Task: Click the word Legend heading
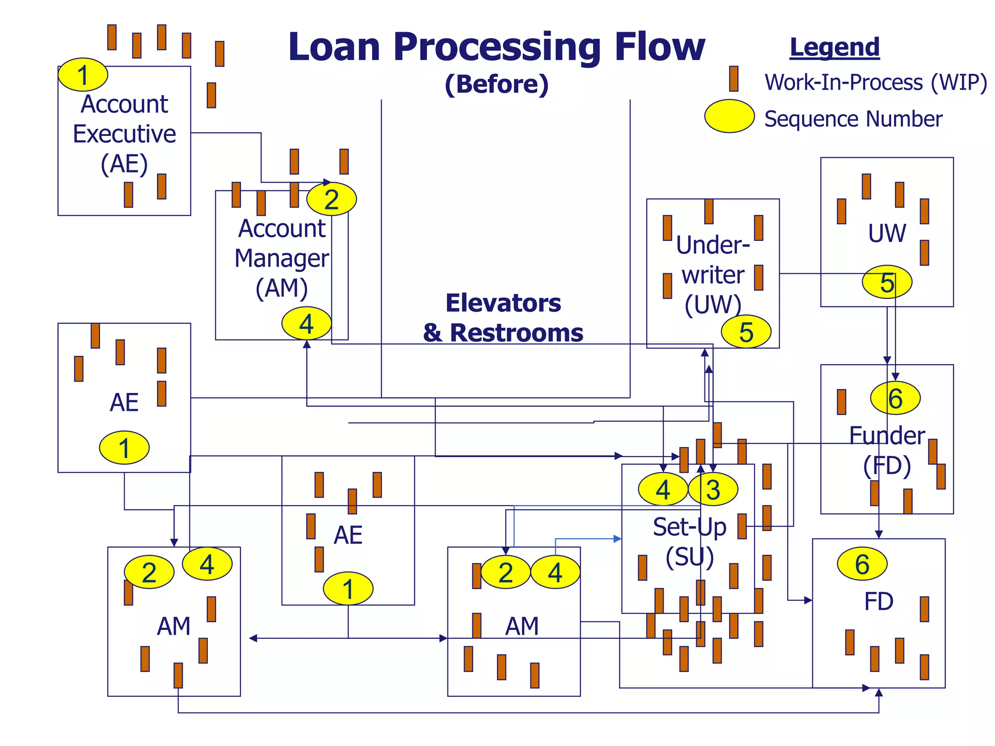[x=834, y=48]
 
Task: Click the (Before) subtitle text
[x=497, y=84]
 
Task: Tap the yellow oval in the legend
[x=729, y=116]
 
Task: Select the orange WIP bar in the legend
[x=734, y=79]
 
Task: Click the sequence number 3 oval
[x=713, y=489]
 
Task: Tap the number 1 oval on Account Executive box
[x=83, y=75]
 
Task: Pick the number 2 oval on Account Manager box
[x=331, y=199]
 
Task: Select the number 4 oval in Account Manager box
[x=307, y=323]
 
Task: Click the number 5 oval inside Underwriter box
[x=746, y=332]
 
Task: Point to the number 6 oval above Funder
[x=895, y=398]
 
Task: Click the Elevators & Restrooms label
[x=503, y=318]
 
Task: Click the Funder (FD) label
[x=887, y=450]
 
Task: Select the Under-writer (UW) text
[x=713, y=275]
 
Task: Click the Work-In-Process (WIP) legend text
[x=875, y=82]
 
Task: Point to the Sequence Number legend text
[x=853, y=119]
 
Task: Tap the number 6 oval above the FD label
[x=862, y=564]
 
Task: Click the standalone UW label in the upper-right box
[x=887, y=233]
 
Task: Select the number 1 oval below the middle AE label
[x=348, y=589]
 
